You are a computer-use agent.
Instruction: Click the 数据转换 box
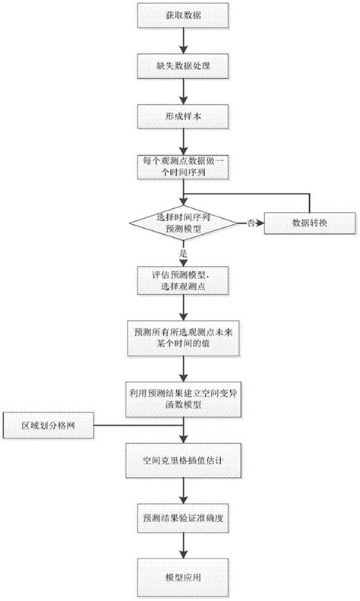(308, 223)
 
